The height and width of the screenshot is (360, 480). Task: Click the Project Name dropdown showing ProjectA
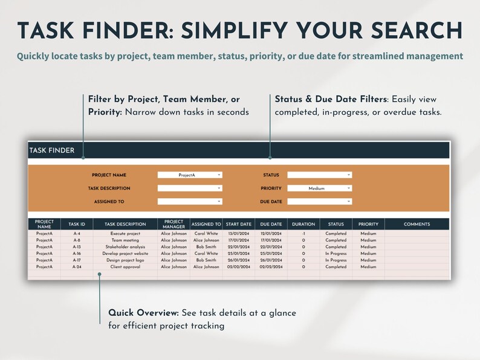click(190, 175)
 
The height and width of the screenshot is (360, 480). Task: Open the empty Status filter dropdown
click(319, 175)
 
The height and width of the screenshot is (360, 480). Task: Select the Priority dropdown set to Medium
click(319, 188)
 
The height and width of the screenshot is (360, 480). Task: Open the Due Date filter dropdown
click(319, 202)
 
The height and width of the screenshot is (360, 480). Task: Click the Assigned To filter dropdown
click(190, 202)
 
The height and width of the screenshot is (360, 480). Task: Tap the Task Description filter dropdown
click(190, 188)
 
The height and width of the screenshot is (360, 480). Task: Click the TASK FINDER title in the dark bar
click(52, 150)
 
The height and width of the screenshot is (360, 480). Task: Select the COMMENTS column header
click(417, 225)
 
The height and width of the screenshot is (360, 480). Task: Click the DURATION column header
click(303, 225)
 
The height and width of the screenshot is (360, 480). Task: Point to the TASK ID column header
click(77, 225)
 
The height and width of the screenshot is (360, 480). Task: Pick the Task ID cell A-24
click(77, 267)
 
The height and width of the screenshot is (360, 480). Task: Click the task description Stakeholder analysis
click(125, 247)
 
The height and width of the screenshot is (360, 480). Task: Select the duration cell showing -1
click(303, 234)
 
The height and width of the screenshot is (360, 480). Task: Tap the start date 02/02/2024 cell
click(238, 267)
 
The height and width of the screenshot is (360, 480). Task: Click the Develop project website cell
click(125, 254)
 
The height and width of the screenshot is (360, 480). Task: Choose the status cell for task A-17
click(336, 260)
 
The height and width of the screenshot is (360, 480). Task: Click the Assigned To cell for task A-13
click(206, 247)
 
